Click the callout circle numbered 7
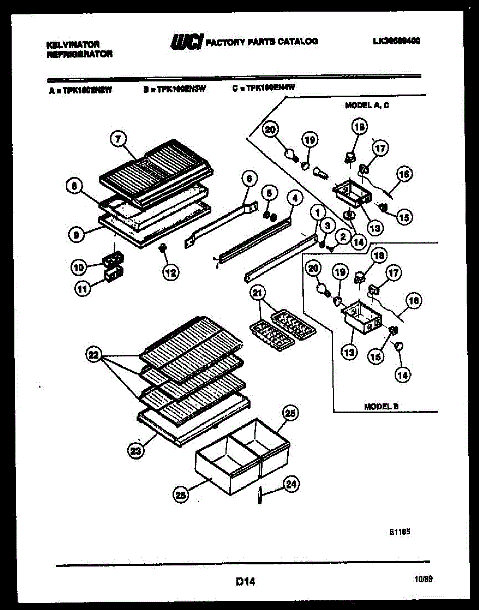pos(118,139)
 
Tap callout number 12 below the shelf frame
pos(170,272)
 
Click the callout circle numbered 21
pos(258,294)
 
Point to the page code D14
pos(246,581)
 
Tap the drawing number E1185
pos(399,531)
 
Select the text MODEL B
pos(382,406)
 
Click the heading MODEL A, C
pos(367,106)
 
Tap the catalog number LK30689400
pos(395,42)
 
